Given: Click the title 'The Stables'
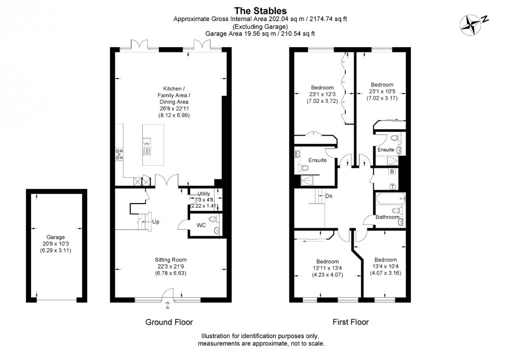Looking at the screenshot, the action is coord(260,11).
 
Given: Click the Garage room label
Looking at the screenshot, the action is coord(56,237).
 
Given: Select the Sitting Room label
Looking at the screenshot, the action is coord(171,260).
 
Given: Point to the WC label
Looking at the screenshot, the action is coord(201,225).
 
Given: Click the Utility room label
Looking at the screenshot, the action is coord(204,193).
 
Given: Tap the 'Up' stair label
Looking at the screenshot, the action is coord(156,222).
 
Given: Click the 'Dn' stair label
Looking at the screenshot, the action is coord(329,196).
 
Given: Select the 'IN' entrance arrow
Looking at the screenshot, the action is coord(167,304).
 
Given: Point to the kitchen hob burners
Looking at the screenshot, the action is coord(119,154).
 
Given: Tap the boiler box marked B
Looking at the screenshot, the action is coord(392,171).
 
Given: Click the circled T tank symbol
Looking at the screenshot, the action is coord(393,186).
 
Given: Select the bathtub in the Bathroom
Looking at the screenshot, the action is coord(391,198).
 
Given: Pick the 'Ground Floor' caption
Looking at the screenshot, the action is coord(169,322).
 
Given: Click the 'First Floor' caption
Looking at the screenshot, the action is coord(351,322).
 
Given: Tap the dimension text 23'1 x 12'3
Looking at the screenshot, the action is coord(323,94).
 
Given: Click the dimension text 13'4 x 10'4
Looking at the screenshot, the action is coord(385,266).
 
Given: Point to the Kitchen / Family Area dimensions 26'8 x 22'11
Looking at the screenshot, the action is coord(174,109).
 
